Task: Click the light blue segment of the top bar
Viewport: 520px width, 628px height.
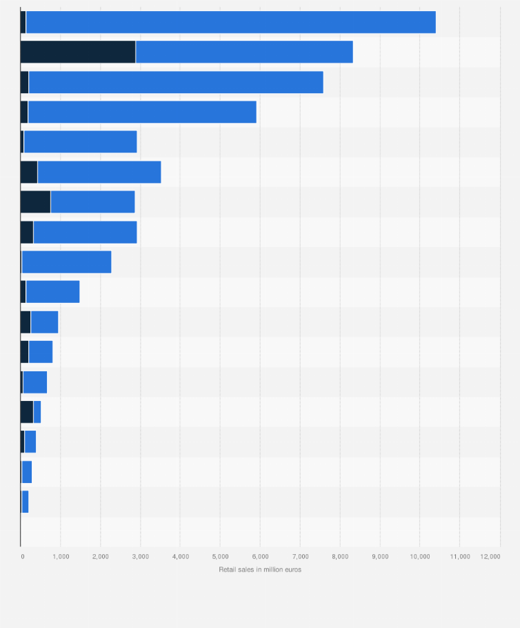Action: pos(230,22)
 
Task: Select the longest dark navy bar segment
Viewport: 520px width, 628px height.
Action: pos(78,52)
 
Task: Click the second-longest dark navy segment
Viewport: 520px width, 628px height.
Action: pos(35,202)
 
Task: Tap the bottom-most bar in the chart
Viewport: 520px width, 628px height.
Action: pos(25,501)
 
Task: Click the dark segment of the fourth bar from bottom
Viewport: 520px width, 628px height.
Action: pos(27,411)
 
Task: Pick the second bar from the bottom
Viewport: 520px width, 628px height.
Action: pos(26,471)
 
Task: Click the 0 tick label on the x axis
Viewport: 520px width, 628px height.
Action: pos(22,556)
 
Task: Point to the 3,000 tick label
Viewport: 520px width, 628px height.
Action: pos(140,556)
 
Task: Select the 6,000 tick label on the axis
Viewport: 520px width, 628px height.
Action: pos(260,556)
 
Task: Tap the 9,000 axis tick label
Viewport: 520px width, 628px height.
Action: pos(380,556)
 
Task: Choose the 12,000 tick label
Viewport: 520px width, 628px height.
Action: pos(490,556)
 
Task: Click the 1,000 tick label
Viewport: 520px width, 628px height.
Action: pos(60,556)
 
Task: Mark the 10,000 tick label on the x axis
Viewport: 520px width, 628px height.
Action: pos(419,556)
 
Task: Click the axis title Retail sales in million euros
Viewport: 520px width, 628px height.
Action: pos(260,569)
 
